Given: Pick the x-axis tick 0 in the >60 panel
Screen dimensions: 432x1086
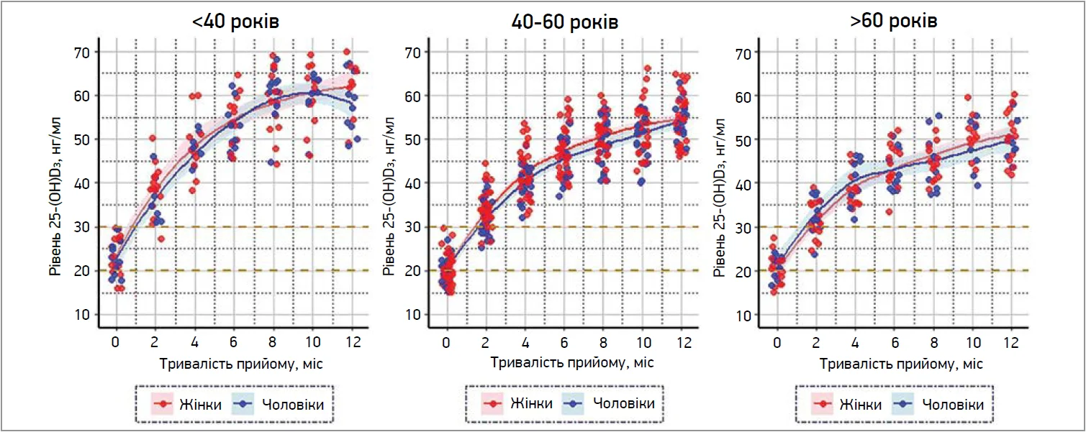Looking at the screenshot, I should (x=777, y=341).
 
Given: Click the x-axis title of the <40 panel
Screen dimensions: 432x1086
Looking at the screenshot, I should (x=235, y=363).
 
